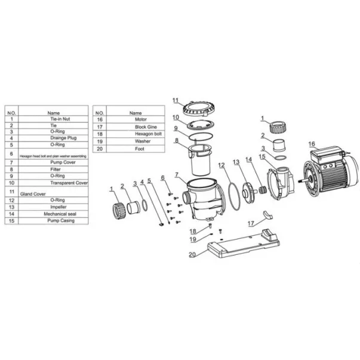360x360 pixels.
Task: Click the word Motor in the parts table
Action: [x=136, y=119]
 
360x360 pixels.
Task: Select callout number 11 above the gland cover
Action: [x=176, y=100]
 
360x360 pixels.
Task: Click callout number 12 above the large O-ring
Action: [x=221, y=165]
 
